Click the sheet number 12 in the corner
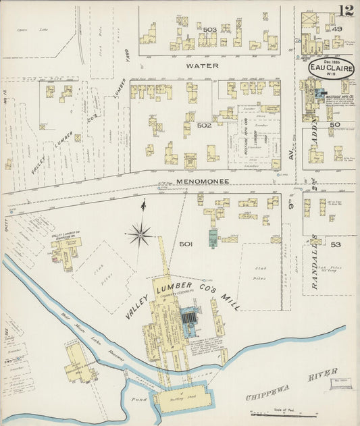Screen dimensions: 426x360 (x=345, y=11)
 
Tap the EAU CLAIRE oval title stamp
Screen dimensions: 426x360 (x=328, y=68)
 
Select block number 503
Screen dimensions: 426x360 (x=210, y=30)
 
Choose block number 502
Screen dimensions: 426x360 (x=205, y=125)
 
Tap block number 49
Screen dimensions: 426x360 (x=336, y=29)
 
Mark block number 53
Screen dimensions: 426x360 (x=335, y=244)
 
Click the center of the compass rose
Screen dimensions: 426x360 (x=140, y=236)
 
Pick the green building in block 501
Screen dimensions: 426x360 (x=213, y=238)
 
